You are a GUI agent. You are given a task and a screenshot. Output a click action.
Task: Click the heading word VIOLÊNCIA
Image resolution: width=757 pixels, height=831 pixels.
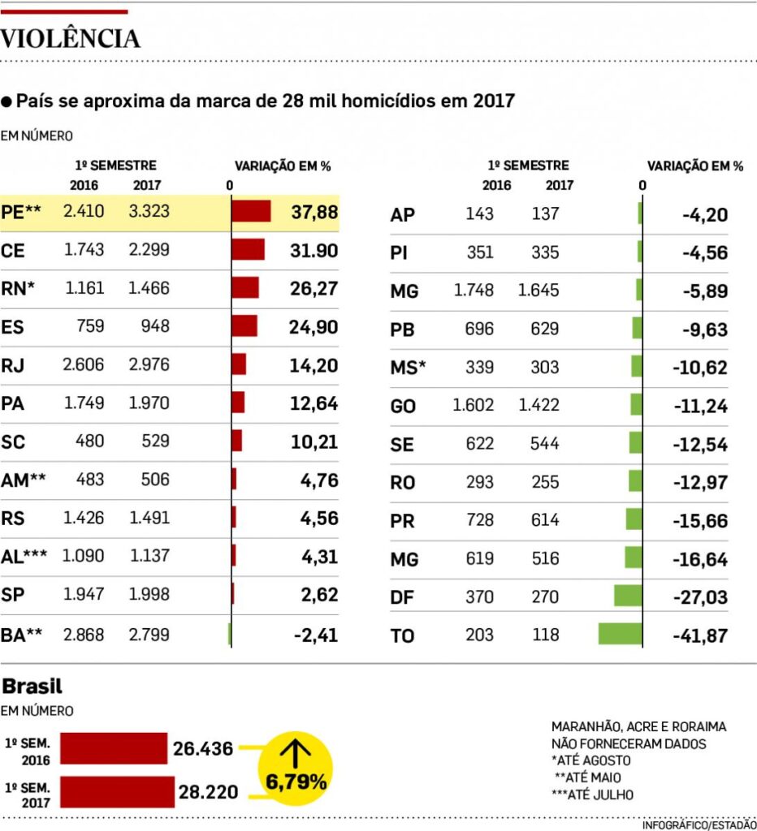[71, 38]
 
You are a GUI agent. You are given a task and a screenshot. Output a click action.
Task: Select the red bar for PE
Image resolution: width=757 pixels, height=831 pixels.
[251, 212]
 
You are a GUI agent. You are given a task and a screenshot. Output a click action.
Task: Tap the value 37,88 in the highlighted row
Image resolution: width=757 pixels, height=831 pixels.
[314, 213]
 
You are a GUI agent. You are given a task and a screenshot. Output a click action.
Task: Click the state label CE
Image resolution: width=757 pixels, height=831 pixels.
[14, 251]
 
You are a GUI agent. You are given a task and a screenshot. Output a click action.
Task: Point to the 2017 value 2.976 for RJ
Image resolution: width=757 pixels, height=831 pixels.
[149, 365]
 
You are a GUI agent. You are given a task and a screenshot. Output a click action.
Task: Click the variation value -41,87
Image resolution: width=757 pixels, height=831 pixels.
[700, 636]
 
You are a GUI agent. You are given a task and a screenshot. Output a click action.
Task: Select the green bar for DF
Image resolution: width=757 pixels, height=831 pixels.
[628, 596]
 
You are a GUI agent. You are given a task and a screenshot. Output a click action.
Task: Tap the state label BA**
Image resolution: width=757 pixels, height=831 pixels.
[23, 635]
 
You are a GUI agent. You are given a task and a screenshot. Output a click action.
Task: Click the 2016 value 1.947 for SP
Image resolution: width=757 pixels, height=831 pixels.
[84, 595]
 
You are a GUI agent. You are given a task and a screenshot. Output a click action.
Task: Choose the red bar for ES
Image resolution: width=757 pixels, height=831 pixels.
[244, 326]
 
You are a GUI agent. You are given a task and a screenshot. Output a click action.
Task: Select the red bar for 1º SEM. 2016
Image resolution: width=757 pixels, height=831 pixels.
[113, 748]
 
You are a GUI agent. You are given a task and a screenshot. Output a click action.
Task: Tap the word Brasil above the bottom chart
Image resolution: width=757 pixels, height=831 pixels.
[32, 687]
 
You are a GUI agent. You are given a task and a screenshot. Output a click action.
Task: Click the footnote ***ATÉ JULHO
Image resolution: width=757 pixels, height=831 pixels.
[592, 794]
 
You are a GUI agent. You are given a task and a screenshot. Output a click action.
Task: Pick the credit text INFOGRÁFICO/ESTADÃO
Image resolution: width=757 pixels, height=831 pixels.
[699, 825]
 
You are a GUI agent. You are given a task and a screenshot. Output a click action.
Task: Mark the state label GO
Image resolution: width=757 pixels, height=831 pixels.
[403, 407]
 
